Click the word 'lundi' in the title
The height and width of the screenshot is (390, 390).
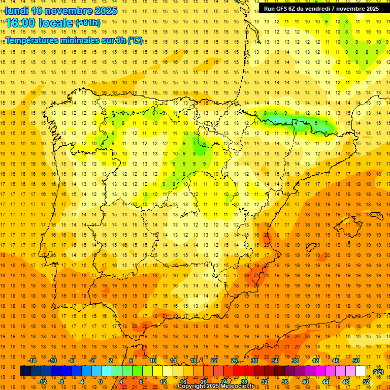[x=17, y=11]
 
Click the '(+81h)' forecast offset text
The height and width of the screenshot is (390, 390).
[x=88, y=23]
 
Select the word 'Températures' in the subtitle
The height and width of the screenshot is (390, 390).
[x=32, y=40]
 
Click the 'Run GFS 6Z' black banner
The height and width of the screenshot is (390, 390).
[x=321, y=9]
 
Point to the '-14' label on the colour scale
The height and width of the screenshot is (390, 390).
[x=32, y=361]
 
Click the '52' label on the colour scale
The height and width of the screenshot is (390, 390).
[x=366, y=382]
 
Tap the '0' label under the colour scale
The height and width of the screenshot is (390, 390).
[x=101, y=382]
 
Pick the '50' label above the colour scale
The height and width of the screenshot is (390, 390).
[x=356, y=361]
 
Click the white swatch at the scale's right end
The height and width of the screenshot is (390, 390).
[x=361, y=371]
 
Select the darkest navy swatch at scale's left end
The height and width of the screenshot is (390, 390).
[x=25, y=371]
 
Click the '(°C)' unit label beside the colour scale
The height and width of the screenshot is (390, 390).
[x=378, y=372]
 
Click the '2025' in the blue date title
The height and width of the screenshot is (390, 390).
[x=106, y=11]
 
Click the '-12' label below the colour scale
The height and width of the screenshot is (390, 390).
[x=42, y=382]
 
